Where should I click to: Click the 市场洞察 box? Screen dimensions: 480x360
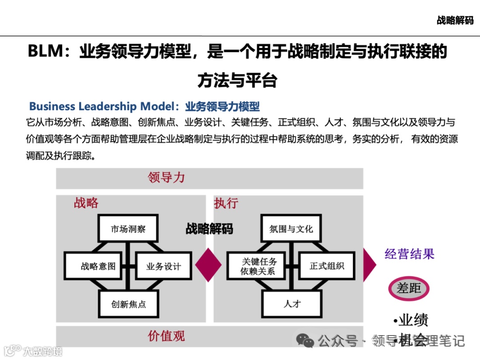pos(128,229)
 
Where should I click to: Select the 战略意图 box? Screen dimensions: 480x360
pos(98,266)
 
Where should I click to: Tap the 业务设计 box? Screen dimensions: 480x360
pos(163,266)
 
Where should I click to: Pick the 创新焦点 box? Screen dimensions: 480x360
pos(128,304)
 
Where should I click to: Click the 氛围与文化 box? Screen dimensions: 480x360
pos(291,229)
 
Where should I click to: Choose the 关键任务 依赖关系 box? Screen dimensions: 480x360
pos(258,266)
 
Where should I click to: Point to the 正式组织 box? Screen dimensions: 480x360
pos(327,266)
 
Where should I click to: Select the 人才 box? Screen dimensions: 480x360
pos(292,304)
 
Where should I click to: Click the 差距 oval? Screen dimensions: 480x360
pos(408,288)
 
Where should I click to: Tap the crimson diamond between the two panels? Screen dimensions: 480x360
pos(208,265)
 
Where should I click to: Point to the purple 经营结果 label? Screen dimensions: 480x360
pos(409,254)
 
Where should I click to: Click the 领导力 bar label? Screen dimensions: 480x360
pos(166,178)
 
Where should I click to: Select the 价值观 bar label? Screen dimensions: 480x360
pos(166,336)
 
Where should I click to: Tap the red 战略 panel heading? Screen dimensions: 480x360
pos(86,203)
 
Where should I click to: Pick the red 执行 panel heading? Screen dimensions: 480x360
pos(226,203)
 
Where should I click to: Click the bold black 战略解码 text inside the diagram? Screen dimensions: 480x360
pos(209,229)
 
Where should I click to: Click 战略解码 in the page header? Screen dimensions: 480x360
pos(455,20)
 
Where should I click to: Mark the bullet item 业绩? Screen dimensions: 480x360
pos(411,320)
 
